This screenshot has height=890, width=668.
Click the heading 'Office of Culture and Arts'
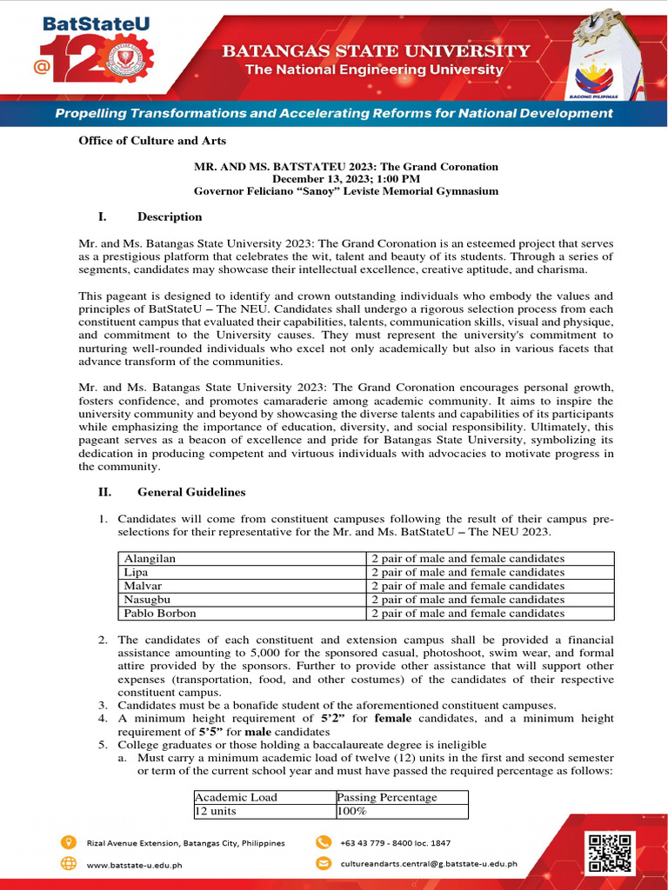pos(153,141)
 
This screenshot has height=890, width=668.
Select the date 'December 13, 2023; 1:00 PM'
pos(345,178)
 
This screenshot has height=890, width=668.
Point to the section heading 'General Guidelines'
pos(191,492)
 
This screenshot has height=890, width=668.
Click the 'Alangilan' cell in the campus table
pos(150,559)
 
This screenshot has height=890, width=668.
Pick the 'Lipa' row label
pos(136,573)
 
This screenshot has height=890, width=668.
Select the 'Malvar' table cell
pos(143,586)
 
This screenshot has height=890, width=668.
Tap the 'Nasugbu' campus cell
pos(146,600)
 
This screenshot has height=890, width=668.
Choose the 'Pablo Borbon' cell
pos(160,613)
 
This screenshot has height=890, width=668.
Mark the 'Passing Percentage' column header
pos(386,797)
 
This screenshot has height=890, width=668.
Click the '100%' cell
pos(352,811)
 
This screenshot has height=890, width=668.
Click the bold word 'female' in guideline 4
pos(392,719)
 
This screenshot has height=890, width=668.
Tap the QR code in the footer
pos(611,852)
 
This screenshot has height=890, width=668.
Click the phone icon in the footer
pos(324,842)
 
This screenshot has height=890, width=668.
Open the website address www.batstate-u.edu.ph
pos(135,865)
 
